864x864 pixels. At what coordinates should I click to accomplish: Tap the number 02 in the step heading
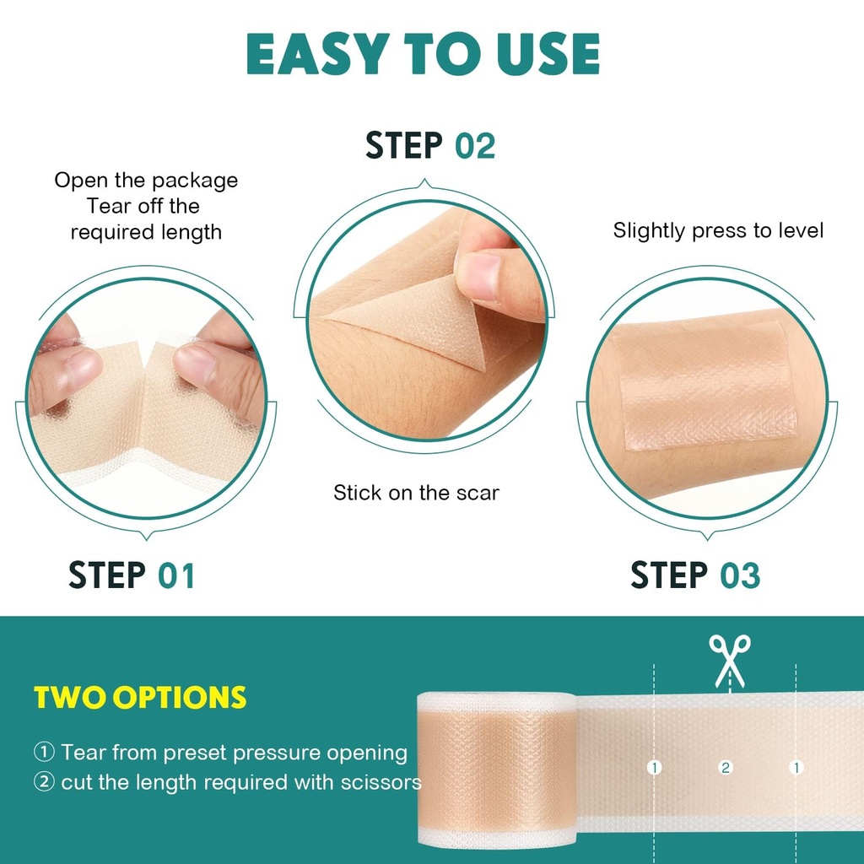tap(475, 146)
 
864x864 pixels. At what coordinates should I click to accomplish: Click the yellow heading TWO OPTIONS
tap(140, 697)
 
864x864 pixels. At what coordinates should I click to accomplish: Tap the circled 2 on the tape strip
tap(725, 768)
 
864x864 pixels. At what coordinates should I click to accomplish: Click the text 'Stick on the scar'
tap(416, 493)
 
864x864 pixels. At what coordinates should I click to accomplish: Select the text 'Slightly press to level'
tap(718, 230)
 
